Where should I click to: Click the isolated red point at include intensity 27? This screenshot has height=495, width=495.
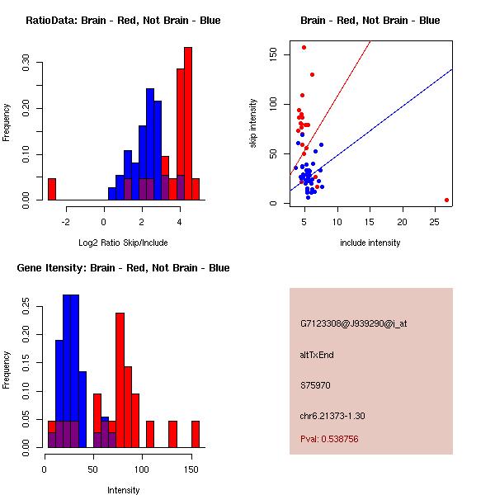click(x=446, y=200)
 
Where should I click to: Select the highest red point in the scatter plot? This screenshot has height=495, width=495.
click(x=304, y=48)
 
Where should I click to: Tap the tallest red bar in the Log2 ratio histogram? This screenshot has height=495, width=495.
click(x=188, y=124)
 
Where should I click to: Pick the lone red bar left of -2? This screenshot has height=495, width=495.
click(x=52, y=189)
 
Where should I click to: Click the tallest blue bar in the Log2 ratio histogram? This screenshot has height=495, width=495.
click(x=150, y=144)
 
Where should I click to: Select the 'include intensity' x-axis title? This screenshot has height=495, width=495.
click(x=370, y=243)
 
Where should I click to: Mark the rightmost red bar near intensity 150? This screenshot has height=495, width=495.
click(x=196, y=434)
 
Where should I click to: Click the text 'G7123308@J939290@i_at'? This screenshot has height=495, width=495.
click(x=354, y=323)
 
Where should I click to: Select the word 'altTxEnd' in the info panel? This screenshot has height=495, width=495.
click(x=318, y=355)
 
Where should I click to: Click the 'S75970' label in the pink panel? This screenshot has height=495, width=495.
click(x=315, y=385)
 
